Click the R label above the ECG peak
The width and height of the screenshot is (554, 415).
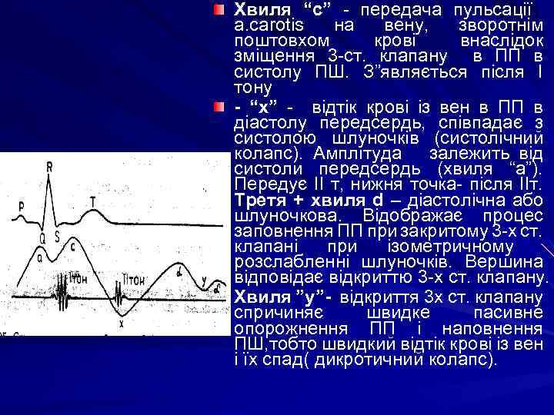50,165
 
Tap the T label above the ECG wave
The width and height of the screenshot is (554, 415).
93,201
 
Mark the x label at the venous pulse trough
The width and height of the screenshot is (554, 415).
121,324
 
